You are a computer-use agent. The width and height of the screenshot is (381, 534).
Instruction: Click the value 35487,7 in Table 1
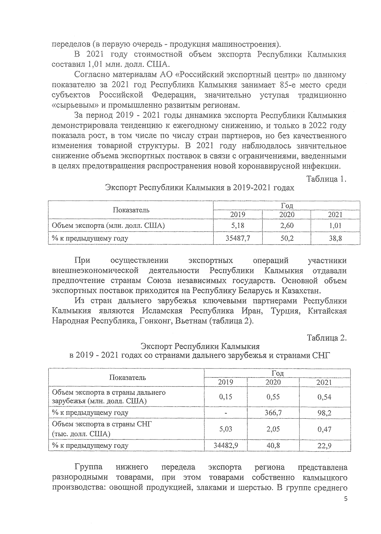[237, 238]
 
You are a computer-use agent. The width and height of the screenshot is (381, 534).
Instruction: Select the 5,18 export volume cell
[237, 225]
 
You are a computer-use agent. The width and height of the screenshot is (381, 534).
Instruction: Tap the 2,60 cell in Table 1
[287, 225]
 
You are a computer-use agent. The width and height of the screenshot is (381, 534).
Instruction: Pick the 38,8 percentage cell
[335, 238]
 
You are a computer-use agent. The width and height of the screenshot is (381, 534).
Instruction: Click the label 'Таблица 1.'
[326, 179]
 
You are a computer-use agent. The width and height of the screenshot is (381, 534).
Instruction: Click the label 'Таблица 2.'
[326, 338]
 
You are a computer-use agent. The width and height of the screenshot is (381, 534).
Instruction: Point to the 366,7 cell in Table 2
[273, 413]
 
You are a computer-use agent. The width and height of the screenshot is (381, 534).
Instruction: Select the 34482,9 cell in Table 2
[226, 445]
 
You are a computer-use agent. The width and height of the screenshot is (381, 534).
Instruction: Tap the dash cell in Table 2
[226, 413]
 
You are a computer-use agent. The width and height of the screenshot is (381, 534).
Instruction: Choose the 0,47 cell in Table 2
[324, 429]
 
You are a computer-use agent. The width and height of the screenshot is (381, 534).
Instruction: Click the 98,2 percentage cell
[324, 413]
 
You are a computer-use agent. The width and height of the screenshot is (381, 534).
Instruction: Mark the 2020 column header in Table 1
[287, 215]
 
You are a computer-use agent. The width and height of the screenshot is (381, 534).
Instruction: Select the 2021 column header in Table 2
[324, 382]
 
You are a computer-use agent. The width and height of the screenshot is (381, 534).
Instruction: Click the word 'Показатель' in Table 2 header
[128, 377]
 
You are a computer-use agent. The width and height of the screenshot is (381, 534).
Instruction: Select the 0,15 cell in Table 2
[226, 397]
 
